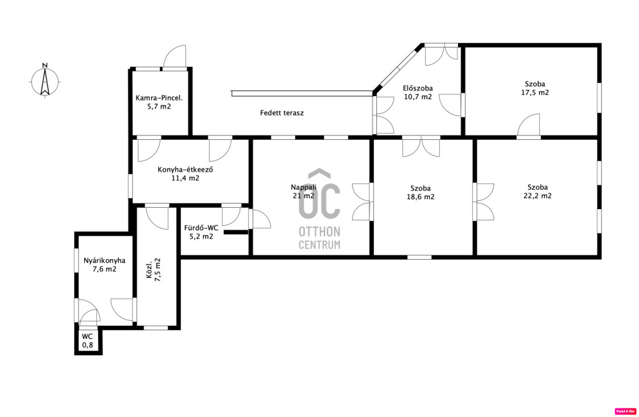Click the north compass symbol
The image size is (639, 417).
coord(45,81)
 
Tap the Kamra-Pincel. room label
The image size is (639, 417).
coord(159,98)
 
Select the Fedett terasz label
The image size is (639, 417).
coord(282,113)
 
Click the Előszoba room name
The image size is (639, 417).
coord(417,88)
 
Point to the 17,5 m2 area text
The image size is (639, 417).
coord(535,92)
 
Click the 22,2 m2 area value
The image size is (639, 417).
coord(537,195)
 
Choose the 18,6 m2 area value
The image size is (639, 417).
coord(421,197)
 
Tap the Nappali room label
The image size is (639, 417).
coord(304,187)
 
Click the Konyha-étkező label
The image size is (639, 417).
coord(185,170)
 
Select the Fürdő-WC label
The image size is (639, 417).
coord(202,228)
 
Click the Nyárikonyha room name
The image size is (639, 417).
coord(105,260)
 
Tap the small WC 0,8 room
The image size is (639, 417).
coord(87,341)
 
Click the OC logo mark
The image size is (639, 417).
coord(319,194)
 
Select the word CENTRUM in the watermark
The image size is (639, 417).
coord(319,245)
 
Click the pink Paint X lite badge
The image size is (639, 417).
coord(625,411)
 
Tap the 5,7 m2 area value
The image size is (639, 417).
coord(159,107)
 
